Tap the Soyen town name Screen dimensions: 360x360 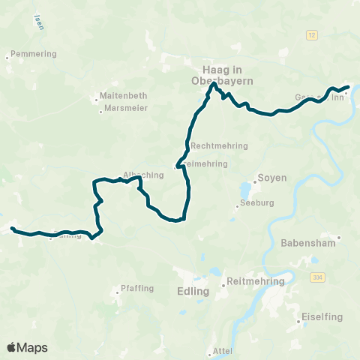coord(272,178)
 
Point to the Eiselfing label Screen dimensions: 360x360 coord(322,316)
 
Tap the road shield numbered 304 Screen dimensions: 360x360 coord(319,278)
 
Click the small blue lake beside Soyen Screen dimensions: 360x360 coord(247,187)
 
